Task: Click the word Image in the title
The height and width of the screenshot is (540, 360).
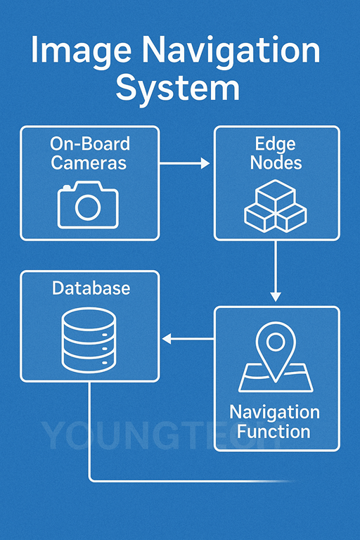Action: (x=82, y=51)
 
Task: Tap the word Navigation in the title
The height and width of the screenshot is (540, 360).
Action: (x=231, y=51)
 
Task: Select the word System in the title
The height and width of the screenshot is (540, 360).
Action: (x=178, y=88)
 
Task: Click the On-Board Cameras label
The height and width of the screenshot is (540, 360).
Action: (x=89, y=153)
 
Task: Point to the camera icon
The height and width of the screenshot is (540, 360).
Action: (x=88, y=205)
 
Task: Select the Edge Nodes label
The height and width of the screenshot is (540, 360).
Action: (x=276, y=153)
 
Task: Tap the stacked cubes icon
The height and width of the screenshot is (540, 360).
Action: (x=276, y=206)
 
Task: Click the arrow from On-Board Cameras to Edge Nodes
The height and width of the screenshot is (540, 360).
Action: (x=185, y=163)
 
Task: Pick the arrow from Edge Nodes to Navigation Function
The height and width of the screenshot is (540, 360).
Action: (x=276, y=271)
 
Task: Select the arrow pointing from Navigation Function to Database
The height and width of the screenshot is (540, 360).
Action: (x=188, y=339)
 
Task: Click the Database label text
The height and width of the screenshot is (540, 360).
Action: (x=91, y=288)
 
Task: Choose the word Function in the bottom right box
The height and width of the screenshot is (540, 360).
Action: (x=274, y=432)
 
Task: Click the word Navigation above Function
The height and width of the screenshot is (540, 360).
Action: (x=274, y=413)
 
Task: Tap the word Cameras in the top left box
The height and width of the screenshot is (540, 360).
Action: (x=89, y=162)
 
